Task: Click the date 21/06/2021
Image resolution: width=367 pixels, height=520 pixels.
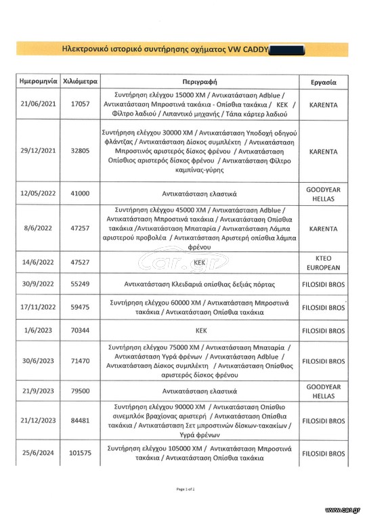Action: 37,105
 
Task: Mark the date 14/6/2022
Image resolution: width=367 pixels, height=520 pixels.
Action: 37,261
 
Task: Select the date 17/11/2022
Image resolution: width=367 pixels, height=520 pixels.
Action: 37,307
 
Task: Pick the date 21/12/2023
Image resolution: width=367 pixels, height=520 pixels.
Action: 37,421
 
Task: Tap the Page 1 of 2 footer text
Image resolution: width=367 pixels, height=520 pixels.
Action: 185,488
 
